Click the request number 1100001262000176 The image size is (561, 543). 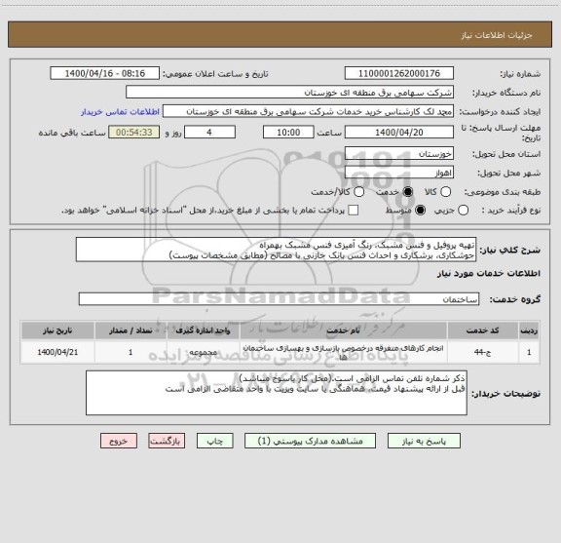click(x=399, y=73)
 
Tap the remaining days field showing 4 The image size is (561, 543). click(x=187, y=132)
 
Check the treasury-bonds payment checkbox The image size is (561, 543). click(x=353, y=210)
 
